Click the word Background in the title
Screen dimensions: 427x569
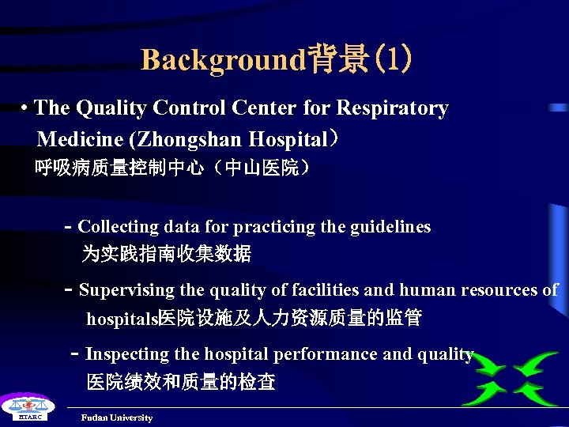coord(222,59)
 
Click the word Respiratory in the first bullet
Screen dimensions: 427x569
coord(393,108)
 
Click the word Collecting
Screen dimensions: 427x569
coord(119,227)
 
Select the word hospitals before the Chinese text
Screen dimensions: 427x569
coord(122,319)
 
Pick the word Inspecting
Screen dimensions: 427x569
coord(127,354)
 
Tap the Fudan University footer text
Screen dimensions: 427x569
coord(117,418)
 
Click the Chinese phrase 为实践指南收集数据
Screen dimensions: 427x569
coord(167,254)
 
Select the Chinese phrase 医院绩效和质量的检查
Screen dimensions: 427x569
coord(181,383)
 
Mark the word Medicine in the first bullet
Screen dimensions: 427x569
coord(80,140)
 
